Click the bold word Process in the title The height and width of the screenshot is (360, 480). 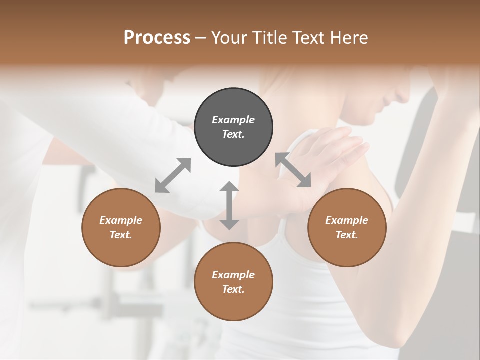[157, 38]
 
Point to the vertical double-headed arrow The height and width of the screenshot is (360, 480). [229, 206]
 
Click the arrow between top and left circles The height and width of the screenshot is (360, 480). [173, 175]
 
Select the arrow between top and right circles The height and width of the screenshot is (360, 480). [293, 170]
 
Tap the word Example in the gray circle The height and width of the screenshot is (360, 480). [233, 120]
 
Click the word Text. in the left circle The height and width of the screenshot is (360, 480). [121, 235]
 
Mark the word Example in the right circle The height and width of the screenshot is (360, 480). [347, 220]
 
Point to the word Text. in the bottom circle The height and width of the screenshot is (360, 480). [233, 289]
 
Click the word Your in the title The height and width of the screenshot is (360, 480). [228, 38]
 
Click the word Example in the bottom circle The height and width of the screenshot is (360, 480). [233, 275]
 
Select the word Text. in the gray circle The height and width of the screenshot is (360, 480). [233, 134]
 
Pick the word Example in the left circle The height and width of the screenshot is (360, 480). [121, 220]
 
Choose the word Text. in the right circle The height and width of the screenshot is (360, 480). [347, 235]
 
